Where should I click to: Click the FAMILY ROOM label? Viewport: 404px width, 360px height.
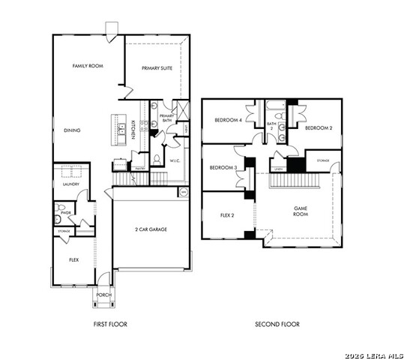[88, 66]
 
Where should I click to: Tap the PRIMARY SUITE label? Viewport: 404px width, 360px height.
[157, 67]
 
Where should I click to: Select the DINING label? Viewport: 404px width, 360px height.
[72, 130]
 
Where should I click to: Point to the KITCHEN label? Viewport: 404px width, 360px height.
[133, 129]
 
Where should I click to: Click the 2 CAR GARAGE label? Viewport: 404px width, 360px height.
[151, 229]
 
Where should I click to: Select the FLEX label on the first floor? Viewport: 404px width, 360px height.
[73, 259]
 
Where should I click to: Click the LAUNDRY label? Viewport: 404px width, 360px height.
[70, 183]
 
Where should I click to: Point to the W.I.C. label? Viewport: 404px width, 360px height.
[175, 160]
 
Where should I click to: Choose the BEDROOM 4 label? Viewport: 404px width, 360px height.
[227, 120]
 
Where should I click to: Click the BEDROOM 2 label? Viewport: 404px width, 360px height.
[319, 127]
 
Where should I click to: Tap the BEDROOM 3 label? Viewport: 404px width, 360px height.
[223, 167]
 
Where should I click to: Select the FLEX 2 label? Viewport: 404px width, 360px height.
[228, 214]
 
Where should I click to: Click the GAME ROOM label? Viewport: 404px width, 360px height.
[301, 211]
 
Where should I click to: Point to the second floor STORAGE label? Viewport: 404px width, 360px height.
[323, 160]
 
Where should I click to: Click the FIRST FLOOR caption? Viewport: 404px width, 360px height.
[110, 324]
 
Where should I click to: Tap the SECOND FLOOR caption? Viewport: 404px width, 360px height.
[277, 324]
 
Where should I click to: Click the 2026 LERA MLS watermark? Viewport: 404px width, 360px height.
[373, 355]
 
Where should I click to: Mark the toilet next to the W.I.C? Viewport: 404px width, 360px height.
[156, 158]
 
